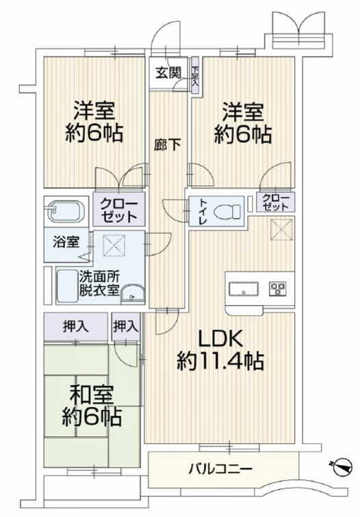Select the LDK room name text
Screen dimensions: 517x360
point(220,338)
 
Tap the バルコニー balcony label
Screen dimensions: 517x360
point(220,469)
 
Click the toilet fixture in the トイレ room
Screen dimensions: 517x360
point(226,212)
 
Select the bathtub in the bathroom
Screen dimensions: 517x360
point(65,211)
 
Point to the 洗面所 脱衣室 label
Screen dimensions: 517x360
point(99,284)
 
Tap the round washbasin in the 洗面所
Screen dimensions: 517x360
point(136,295)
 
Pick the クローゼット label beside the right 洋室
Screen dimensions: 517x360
point(277,202)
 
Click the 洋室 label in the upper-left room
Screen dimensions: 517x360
point(94,109)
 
